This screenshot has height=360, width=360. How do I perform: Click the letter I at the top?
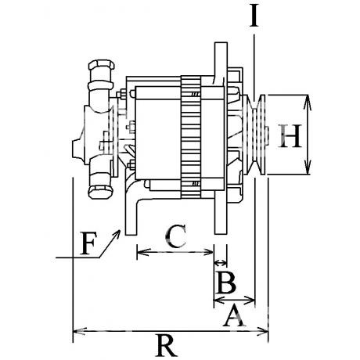pos(254,15)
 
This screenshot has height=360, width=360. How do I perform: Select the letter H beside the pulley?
pos(290,135)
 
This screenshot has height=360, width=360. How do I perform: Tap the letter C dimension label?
pos(175,236)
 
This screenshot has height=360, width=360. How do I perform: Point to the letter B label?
pos(226,283)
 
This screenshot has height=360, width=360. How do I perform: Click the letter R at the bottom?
pos(166,345)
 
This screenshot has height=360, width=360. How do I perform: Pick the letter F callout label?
pos(88,243)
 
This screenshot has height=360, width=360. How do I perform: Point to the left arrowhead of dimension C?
pos(143,252)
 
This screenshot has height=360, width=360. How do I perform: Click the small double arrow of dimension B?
pos(220,263)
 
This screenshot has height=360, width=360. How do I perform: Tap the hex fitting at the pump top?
pos(101,65)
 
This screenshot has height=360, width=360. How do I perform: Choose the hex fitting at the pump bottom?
pos(101,192)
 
